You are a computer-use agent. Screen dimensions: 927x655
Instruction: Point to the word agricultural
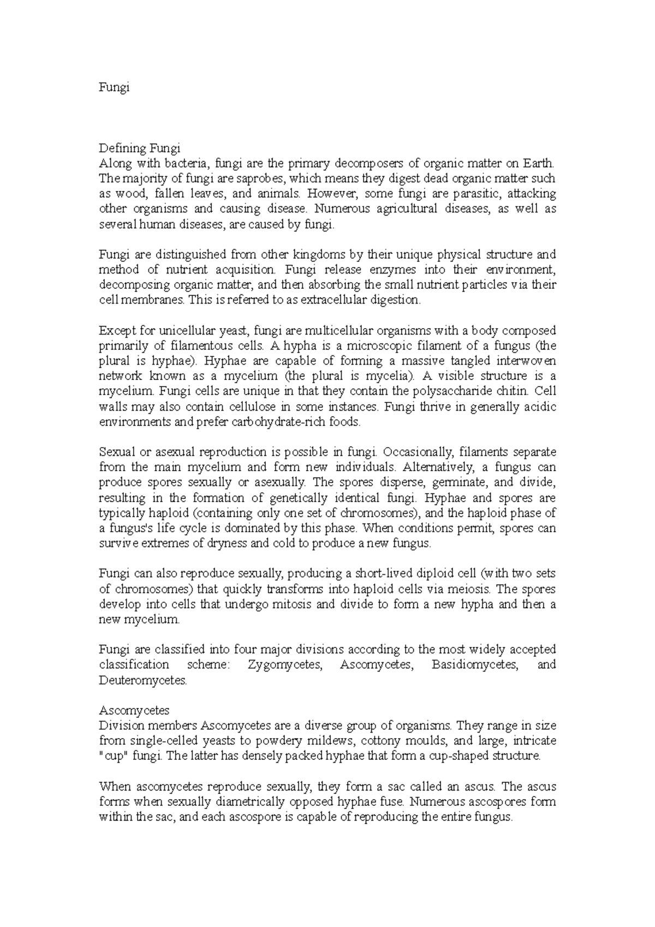click(403, 209)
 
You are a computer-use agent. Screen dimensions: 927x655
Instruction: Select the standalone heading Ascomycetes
click(134, 711)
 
